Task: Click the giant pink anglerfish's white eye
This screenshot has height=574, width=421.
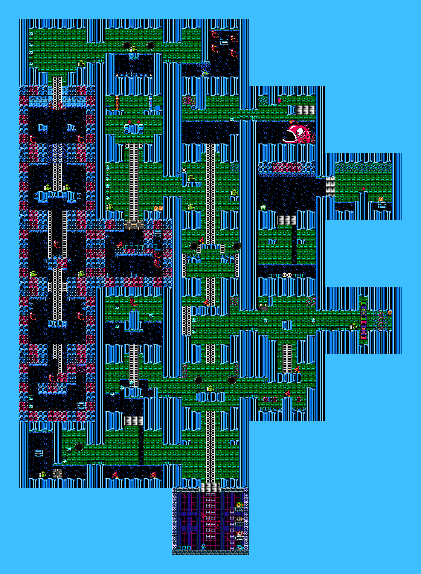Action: [300, 132]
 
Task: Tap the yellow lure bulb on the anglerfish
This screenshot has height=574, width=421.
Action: [291, 122]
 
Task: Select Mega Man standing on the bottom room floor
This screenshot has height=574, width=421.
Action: [203, 547]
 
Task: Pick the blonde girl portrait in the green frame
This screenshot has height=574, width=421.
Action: [239, 505]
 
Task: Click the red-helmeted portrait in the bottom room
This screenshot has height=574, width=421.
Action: [239, 533]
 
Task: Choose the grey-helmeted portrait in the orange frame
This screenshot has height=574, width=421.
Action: [239, 519]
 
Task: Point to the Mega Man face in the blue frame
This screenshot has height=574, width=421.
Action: [239, 548]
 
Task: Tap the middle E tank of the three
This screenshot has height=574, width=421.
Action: [184, 548]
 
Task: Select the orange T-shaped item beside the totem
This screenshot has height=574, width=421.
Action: [390, 313]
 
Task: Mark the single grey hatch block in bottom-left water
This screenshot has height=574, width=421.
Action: [57, 473]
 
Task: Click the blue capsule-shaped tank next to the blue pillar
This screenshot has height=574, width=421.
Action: [158, 108]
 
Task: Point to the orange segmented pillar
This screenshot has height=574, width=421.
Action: [117, 103]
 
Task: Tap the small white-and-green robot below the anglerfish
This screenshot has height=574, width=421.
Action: [263, 206]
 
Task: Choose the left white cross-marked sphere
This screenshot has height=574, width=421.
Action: [285, 275]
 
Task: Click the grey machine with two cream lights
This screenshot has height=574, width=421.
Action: [263, 307]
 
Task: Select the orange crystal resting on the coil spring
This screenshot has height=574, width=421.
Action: [381, 199]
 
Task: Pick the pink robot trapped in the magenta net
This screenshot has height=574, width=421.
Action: [189, 100]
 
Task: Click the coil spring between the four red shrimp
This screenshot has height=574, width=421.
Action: [225, 42]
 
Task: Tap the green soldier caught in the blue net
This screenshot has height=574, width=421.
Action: [205, 72]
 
